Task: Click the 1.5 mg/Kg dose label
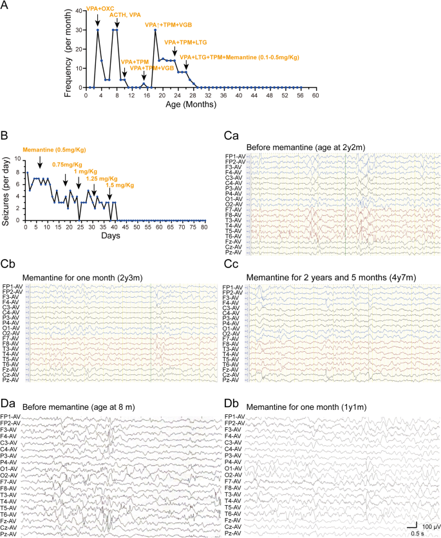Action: pyautogui.click(x=120, y=186)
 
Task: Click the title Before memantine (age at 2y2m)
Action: pyautogui.click(x=306, y=147)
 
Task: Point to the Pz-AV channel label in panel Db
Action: pyautogui.click(x=234, y=533)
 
